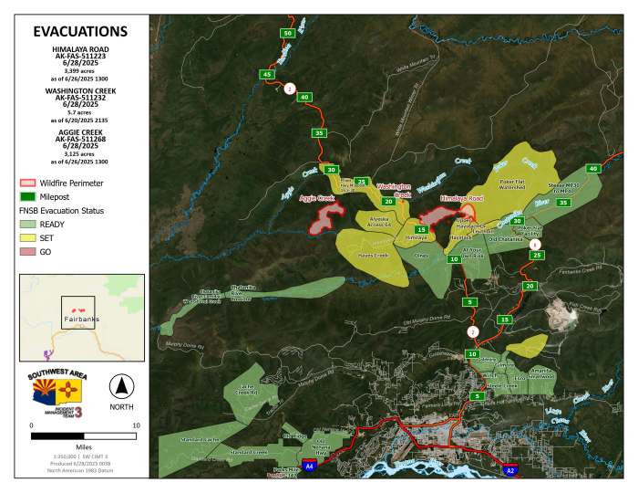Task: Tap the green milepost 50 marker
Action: click(x=287, y=33)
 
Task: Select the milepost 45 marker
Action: click(x=267, y=74)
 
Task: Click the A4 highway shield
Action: click(x=310, y=466)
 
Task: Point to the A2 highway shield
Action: click(x=510, y=471)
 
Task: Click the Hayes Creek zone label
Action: click(x=373, y=255)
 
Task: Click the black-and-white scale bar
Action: click(x=83, y=436)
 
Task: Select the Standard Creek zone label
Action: click(x=247, y=452)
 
